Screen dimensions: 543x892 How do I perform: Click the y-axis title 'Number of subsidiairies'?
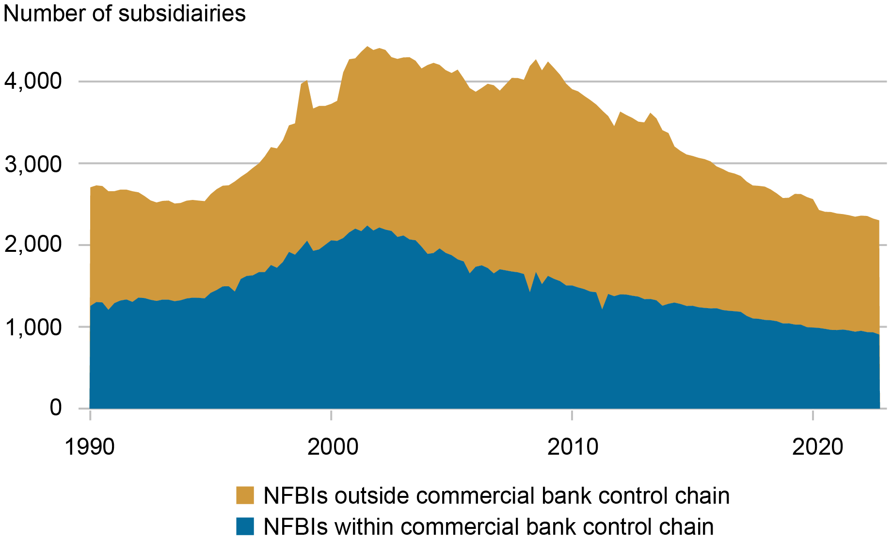125,14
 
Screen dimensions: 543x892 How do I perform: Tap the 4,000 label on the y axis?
33,81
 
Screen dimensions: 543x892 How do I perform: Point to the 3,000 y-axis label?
33,165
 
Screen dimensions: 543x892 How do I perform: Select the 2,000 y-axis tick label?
33,245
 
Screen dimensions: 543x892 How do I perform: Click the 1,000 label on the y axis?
33,328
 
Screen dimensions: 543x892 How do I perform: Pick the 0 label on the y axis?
56,408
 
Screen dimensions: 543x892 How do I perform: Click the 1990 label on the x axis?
90,446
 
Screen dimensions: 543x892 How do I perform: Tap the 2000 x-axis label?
333,446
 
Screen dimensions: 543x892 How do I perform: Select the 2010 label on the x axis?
573,446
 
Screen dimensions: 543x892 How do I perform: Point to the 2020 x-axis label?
818,446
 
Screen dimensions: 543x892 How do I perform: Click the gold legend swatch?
245,495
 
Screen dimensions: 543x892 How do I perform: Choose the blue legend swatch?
245,526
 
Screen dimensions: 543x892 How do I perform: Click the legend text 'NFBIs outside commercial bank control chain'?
496,495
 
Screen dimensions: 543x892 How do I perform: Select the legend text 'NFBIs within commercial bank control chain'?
489,526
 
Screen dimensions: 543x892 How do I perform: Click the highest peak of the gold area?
367,47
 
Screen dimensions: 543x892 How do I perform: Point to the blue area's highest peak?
367,226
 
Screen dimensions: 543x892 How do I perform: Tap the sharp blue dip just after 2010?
602,308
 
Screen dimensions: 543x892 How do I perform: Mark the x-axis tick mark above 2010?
572,415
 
